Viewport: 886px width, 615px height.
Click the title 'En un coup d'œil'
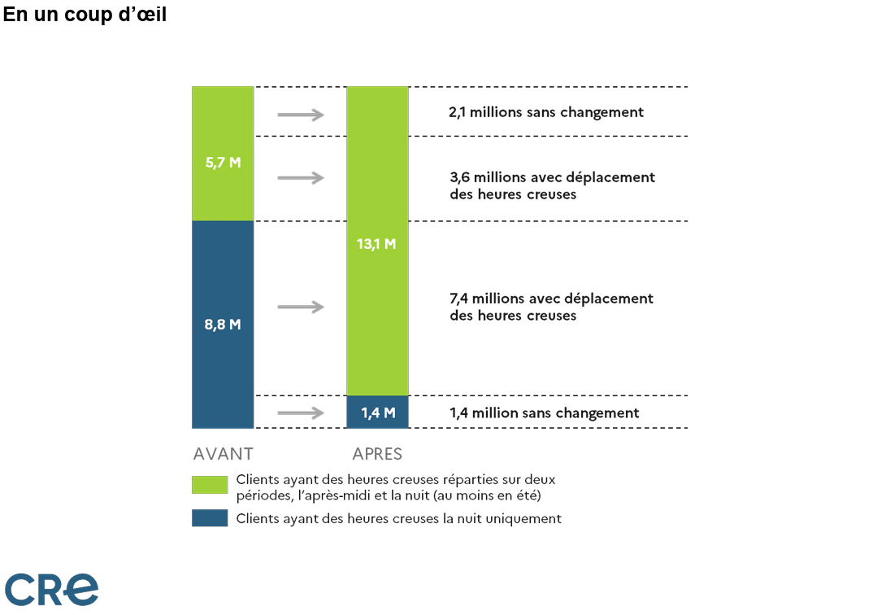point(85,15)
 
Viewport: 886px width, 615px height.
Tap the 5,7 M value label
point(224,162)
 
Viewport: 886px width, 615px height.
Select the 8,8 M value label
point(224,324)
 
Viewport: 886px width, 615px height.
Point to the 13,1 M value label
point(376,243)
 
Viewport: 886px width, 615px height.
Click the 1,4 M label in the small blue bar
point(378,412)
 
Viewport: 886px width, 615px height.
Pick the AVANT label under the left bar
point(224,454)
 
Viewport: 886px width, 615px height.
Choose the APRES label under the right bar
point(377,454)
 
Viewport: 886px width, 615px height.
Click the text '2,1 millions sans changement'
point(546,112)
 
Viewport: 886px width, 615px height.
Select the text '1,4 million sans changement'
point(545,412)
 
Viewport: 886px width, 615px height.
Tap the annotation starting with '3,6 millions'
point(552,185)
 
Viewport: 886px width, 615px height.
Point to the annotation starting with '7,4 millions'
point(551,307)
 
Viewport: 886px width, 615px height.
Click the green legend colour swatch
point(210,485)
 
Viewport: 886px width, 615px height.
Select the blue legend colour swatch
point(210,518)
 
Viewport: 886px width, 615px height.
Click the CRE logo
point(52,588)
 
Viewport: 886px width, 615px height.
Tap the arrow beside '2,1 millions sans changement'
point(301,115)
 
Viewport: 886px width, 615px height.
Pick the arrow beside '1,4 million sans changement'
point(301,413)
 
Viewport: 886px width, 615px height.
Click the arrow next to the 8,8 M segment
point(301,307)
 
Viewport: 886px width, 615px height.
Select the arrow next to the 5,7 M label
point(301,178)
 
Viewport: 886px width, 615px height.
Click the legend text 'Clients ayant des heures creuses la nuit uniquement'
point(398,518)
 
